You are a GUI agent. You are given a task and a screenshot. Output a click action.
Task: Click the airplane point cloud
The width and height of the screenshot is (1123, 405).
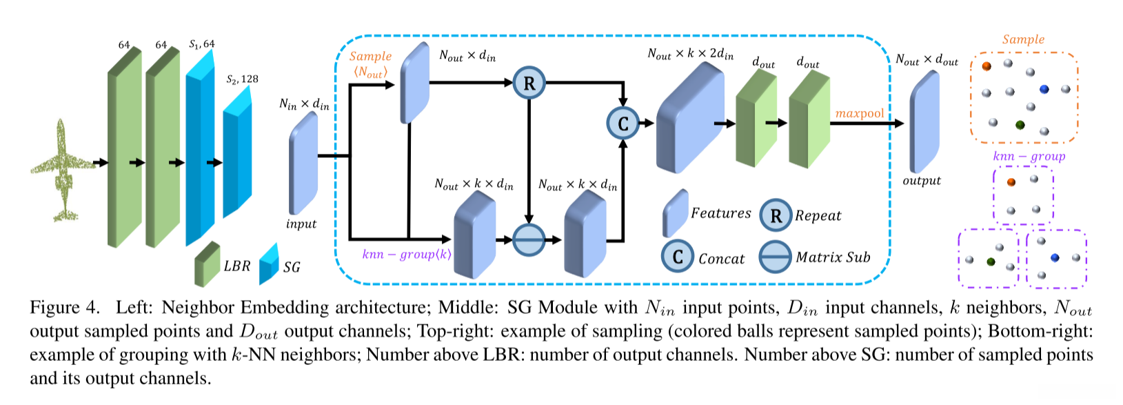[62, 170]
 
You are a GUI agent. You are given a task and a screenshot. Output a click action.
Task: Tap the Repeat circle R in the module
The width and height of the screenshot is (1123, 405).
[529, 83]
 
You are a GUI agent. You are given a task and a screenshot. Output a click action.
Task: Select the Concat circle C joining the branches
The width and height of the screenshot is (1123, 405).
[623, 124]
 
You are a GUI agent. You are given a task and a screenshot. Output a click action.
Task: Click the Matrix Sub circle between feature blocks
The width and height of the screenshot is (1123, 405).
[529, 240]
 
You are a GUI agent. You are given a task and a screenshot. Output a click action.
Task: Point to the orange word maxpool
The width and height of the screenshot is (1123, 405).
[860, 113]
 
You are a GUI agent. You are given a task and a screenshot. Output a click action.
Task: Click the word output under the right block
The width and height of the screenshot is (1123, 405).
[922, 181]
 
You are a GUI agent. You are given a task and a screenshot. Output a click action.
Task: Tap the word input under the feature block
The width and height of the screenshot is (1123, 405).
[301, 224]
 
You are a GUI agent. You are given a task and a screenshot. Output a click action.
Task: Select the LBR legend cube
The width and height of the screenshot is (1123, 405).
[206, 264]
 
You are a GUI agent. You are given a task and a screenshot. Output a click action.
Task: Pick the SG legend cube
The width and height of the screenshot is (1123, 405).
[268, 264]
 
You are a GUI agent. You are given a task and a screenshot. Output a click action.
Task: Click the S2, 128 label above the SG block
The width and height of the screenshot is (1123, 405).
[242, 79]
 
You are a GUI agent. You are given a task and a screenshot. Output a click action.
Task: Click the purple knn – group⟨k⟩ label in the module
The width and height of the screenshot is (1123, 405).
[407, 255]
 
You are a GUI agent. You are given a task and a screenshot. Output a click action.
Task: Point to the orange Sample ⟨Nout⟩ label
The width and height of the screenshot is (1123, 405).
[370, 64]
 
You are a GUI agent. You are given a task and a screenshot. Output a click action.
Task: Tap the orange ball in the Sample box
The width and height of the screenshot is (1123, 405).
[987, 66]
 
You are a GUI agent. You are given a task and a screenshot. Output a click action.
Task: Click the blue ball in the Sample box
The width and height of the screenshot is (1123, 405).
[1044, 89]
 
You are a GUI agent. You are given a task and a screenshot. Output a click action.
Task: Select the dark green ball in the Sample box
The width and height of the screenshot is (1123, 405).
[1020, 125]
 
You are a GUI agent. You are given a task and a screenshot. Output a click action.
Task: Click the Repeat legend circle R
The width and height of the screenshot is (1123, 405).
[776, 216]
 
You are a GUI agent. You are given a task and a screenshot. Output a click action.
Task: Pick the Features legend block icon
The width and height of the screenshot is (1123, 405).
[676, 213]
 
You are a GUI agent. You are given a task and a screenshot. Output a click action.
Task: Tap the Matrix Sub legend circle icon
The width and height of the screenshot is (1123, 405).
[776, 257]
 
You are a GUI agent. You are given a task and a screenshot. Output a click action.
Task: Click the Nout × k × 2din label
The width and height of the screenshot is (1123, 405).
[690, 54]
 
